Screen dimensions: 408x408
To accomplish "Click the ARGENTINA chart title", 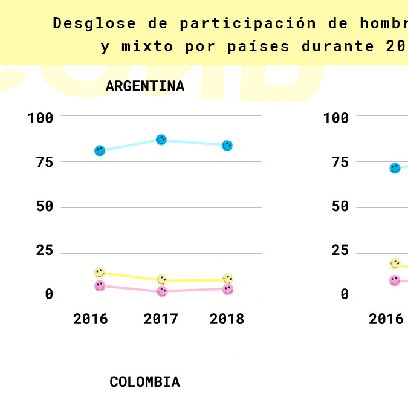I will pyautogui.click(x=144, y=86).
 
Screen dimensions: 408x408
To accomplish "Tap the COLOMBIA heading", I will pyautogui.click(x=144, y=382).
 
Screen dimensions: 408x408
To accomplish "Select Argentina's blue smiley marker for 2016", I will pyautogui.click(x=100, y=151).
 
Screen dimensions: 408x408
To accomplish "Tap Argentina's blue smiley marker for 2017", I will pyautogui.click(x=161, y=140).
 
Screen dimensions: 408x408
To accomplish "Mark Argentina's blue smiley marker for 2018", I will pyautogui.click(x=227, y=146).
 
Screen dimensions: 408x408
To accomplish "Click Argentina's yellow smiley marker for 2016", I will pyautogui.click(x=100, y=273).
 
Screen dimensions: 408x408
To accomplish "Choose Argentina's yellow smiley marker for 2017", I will pyautogui.click(x=162, y=280).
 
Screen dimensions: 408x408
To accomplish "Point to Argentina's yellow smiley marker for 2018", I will pyautogui.click(x=228, y=279).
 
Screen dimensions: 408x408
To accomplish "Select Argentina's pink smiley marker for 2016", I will pyautogui.click(x=100, y=286).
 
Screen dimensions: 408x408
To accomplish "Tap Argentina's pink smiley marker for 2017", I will pyautogui.click(x=162, y=291).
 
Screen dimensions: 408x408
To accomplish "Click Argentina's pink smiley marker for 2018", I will pyautogui.click(x=228, y=290).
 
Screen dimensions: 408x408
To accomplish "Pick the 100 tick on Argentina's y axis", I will pyautogui.click(x=40, y=118).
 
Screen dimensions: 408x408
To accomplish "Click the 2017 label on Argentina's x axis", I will pyautogui.click(x=161, y=319).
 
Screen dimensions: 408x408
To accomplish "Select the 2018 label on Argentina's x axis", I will pyautogui.click(x=227, y=319).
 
